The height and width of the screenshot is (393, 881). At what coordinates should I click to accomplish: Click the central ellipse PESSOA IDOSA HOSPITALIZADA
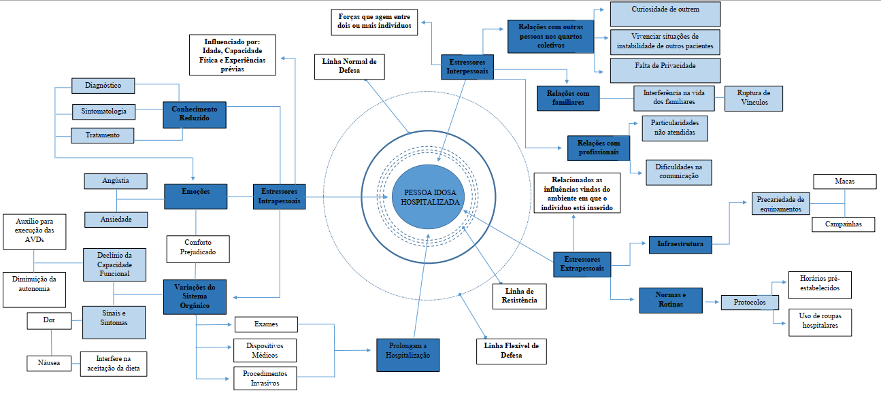(x=429, y=196)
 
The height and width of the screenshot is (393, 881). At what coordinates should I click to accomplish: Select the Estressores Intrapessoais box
(x=279, y=196)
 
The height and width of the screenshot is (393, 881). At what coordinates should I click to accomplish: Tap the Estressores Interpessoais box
(x=467, y=67)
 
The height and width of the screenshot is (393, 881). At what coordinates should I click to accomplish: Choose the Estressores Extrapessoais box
(x=582, y=264)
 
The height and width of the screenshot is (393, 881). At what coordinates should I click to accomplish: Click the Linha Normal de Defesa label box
(x=350, y=67)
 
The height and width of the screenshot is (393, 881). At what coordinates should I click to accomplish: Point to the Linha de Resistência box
(x=520, y=296)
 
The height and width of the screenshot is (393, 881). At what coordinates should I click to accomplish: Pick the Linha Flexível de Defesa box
(x=512, y=352)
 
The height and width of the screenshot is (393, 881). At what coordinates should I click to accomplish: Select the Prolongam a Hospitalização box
(x=408, y=356)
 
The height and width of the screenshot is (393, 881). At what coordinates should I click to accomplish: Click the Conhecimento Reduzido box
(x=195, y=115)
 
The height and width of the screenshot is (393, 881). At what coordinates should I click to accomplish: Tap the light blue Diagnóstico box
(x=103, y=86)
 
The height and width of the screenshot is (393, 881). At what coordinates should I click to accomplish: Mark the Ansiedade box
(x=116, y=220)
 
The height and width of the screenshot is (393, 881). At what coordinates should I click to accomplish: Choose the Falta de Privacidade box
(x=665, y=70)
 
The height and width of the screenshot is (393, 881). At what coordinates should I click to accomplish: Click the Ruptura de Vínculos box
(x=754, y=98)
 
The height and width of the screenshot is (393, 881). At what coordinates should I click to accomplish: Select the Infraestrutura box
(x=680, y=245)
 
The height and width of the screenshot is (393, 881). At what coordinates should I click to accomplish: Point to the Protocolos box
(x=750, y=303)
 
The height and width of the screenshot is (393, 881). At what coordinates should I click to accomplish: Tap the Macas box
(x=845, y=182)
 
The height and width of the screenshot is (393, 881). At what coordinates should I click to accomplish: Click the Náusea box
(x=49, y=363)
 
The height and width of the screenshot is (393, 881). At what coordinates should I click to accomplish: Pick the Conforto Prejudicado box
(x=198, y=249)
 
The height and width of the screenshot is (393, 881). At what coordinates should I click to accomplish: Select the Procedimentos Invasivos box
(x=265, y=379)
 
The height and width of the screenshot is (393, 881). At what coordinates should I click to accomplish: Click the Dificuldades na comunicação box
(x=679, y=172)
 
